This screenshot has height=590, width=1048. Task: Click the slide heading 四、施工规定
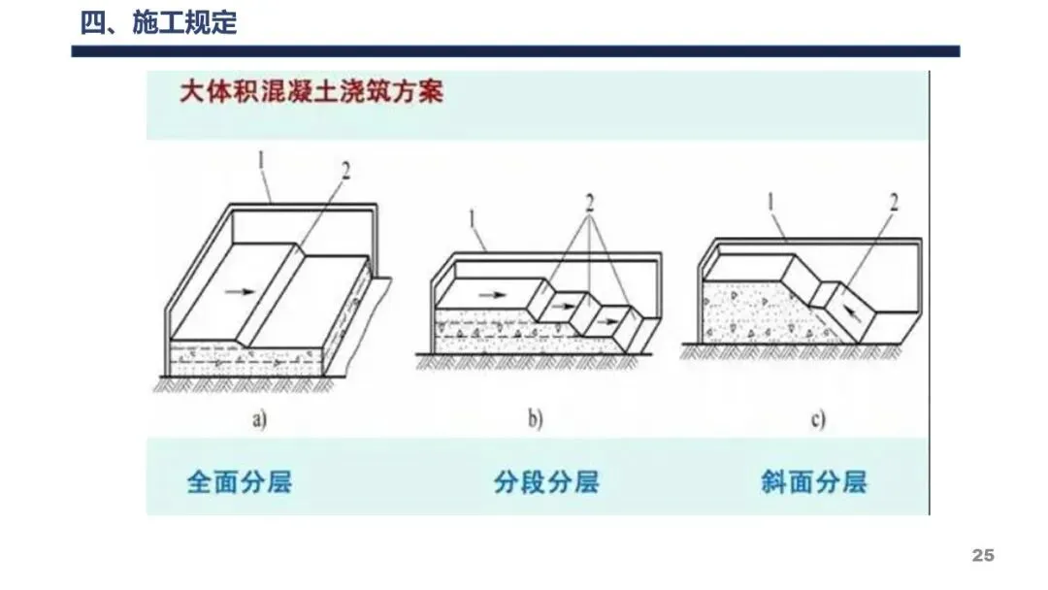pos(158,23)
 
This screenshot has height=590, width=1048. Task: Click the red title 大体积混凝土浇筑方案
pos(311,93)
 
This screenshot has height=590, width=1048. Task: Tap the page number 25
pos(983,556)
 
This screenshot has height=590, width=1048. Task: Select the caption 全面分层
pos(239,481)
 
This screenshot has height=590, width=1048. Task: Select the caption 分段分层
pos(545,481)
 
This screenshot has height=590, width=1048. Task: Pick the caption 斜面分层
pos(813,481)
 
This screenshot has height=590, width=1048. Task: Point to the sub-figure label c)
pos(817,419)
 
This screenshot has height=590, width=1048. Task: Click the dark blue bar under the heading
pos(515,51)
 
